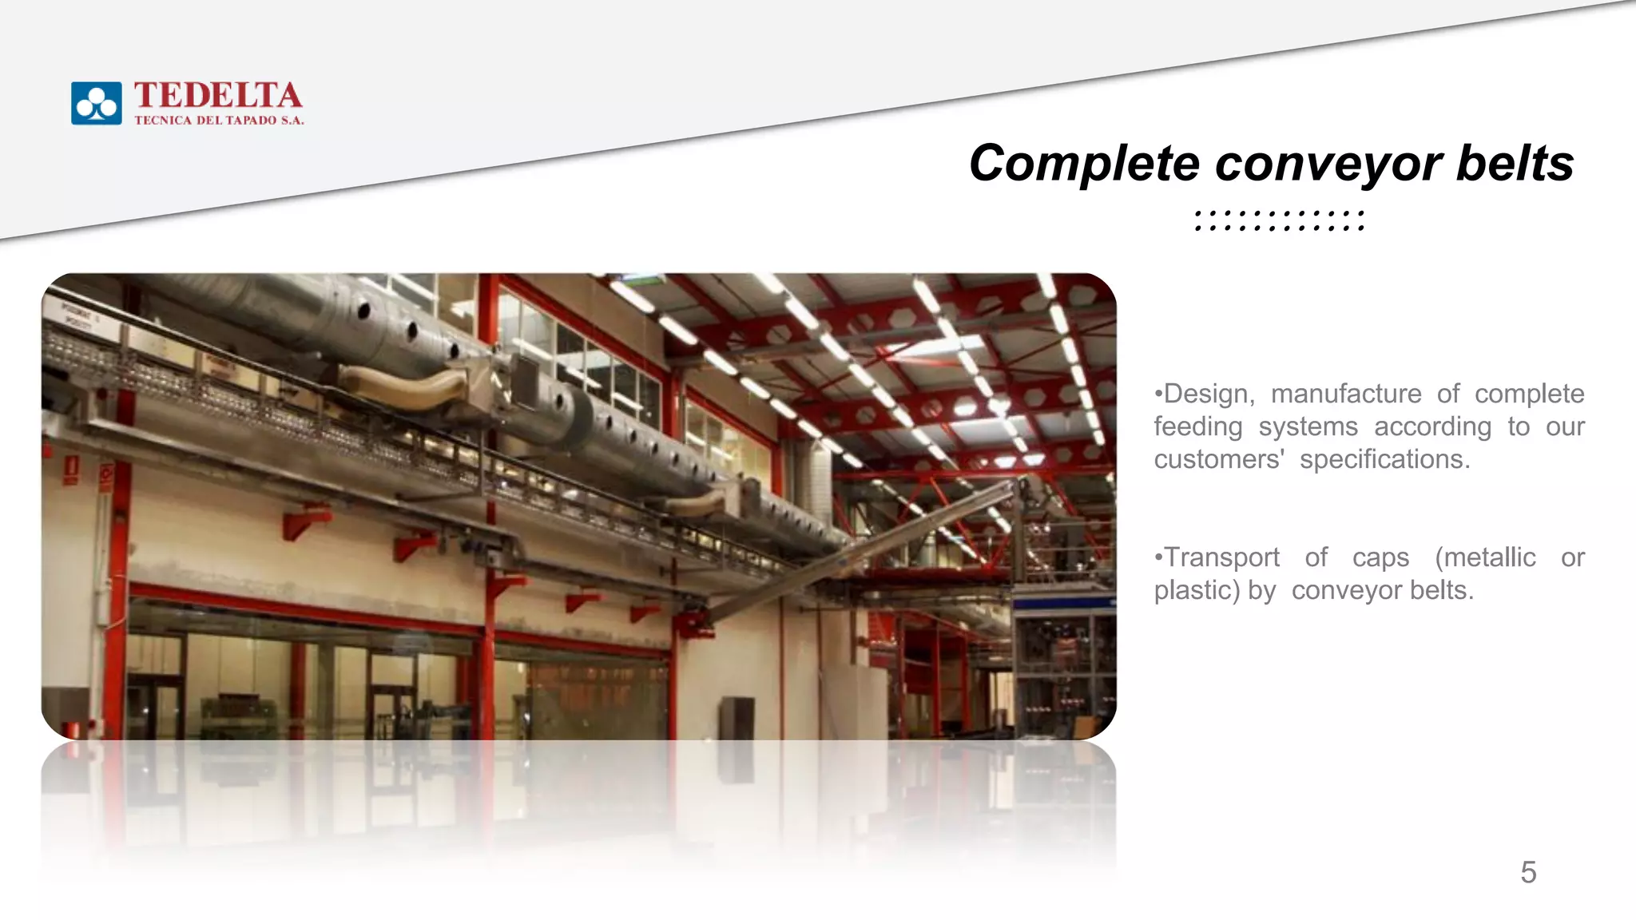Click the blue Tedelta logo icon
point(96,103)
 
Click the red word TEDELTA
point(218,96)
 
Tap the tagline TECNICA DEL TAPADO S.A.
point(219,121)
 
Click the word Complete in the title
point(1084,164)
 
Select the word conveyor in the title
point(1328,164)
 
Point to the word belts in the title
point(1515,164)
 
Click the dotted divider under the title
point(1280,221)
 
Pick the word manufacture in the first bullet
point(1346,394)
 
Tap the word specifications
point(1384,459)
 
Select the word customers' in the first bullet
point(1219,459)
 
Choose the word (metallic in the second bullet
point(1485,557)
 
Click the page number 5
point(1528,872)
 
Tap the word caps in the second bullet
point(1380,557)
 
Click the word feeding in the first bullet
point(1197,426)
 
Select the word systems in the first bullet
point(1308,426)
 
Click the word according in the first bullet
point(1432,426)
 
